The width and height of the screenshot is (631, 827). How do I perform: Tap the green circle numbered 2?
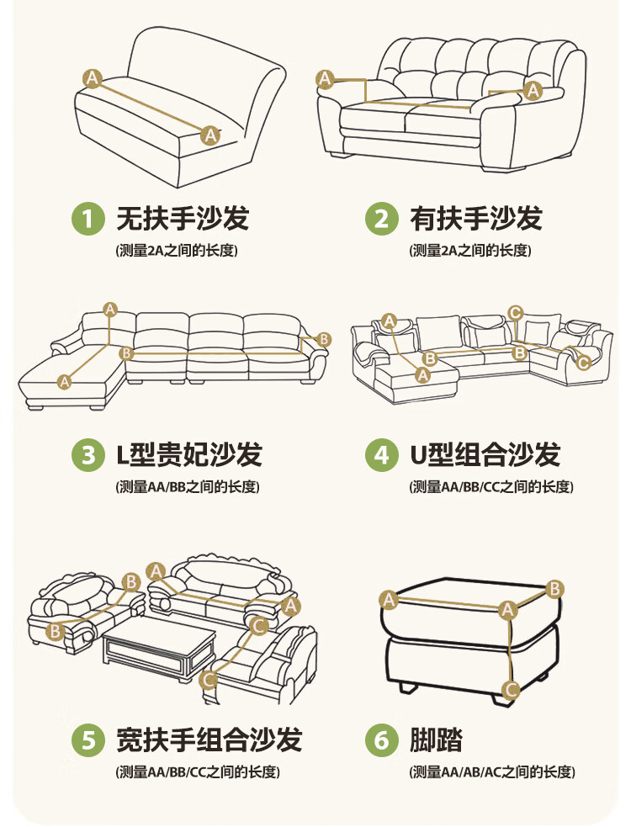click(x=382, y=219)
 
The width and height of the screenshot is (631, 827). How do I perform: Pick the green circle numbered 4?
click(x=382, y=455)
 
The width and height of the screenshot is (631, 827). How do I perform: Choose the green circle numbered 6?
click(x=382, y=740)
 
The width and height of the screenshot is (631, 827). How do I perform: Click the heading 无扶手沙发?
click(x=183, y=219)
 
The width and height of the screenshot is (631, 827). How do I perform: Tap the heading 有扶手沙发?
click(x=476, y=219)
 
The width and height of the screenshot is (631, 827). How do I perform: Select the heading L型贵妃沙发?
click(x=188, y=455)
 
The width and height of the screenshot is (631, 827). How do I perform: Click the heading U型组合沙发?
click(x=485, y=455)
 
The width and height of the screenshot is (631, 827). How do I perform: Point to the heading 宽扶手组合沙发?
click(x=209, y=740)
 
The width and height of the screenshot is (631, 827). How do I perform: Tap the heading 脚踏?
click(x=437, y=740)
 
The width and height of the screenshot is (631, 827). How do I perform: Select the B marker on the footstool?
click(x=555, y=589)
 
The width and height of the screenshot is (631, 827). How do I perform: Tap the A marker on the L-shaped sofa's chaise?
click(x=65, y=381)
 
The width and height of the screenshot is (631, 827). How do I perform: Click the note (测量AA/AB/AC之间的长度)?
click(x=492, y=772)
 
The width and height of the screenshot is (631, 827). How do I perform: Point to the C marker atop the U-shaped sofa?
click(x=516, y=313)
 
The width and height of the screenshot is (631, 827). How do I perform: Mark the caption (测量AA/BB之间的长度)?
click(x=187, y=487)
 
